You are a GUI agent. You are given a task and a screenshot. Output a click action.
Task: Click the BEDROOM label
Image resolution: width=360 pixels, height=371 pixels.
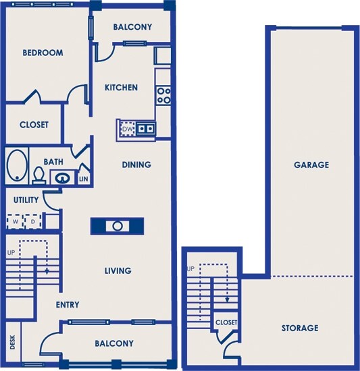[43, 53]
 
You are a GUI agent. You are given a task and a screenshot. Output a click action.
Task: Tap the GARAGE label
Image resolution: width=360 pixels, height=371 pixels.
[311, 165]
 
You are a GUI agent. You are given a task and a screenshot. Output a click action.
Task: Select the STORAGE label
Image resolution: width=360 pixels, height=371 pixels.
[300, 328]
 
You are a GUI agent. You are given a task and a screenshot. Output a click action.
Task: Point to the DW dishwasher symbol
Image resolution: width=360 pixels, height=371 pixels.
[128, 129]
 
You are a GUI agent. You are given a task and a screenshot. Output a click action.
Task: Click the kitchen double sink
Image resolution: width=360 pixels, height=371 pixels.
[146, 129]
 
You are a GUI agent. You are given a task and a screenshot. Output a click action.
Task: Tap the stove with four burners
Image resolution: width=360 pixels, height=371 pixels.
[163, 96]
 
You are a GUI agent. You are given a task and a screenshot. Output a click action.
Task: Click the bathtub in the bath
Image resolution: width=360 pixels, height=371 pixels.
[17, 165]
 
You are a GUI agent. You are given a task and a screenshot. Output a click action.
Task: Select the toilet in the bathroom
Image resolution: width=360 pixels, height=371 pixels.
[39, 176]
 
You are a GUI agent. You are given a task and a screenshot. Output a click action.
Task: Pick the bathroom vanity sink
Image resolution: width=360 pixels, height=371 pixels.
[63, 177]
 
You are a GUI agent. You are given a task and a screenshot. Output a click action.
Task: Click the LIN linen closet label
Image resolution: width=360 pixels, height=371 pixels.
[84, 179]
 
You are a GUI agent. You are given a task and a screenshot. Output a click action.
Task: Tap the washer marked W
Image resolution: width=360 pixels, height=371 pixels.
[15, 222]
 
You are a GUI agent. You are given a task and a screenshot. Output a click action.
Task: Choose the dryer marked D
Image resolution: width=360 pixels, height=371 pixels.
[33, 222]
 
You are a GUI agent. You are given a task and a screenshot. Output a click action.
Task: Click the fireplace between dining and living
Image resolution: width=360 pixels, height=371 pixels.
[118, 226]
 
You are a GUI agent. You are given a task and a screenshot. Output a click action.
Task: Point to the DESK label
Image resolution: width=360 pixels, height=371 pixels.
[13, 342]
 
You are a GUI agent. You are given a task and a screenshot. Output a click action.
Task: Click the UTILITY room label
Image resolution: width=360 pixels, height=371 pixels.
[26, 200]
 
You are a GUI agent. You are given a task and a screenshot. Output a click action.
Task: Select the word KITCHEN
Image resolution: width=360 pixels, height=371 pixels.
[121, 88]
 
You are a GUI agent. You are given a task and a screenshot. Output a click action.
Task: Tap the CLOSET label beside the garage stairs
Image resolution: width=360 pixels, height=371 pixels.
[226, 322]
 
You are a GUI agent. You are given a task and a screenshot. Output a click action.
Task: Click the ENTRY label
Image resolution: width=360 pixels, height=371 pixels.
[68, 304]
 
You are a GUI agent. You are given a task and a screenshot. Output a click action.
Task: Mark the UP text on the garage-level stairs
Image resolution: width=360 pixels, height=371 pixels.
[191, 268]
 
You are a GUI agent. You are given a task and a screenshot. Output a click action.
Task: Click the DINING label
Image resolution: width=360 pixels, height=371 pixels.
[136, 165]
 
